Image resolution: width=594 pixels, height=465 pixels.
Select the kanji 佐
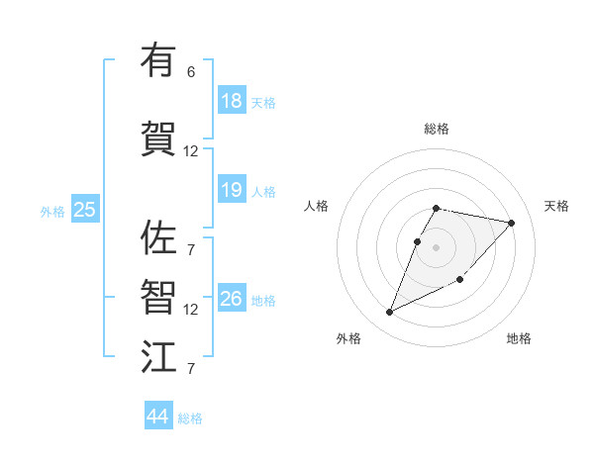pyautogui.click(x=158, y=238)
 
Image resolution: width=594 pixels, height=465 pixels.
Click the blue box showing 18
pyautogui.click(x=232, y=101)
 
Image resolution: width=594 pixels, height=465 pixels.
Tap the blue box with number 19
pyautogui.click(x=232, y=190)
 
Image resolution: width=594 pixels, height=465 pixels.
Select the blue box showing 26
pyautogui.click(x=232, y=299)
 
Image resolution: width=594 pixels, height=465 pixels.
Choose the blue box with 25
pyautogui.click(x=85, y=210)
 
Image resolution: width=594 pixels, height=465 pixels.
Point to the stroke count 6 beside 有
pyautogui.click(x=191, y=72)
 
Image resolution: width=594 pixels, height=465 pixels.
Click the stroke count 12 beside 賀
pyautogui.click(x=191, y=151)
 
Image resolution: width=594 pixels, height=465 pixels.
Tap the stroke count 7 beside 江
pyautogui.click(x=191, y=369)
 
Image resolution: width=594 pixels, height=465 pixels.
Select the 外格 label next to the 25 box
pyautogui.click(x=52, y=211)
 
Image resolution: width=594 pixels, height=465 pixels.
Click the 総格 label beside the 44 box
pyautogui.click(x=190, y=418)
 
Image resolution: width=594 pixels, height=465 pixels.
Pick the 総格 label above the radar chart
pyautogui.click(x=437, y=129)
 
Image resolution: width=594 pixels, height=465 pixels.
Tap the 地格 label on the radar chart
pyautogui.click(x=519, y=338)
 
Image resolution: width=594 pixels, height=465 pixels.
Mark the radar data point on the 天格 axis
pyautogui.click(x=511, y=223)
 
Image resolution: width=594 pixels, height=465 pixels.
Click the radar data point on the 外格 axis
pyautogui.click(x=389, y=312)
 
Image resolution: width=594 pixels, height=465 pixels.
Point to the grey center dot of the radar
pyautogui.click(x=437, y=245)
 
